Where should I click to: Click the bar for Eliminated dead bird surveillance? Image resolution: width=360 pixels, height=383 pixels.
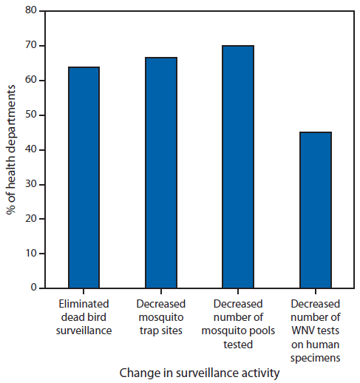[84, 177]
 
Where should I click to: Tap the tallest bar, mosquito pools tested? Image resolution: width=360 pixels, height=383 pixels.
[238, 166]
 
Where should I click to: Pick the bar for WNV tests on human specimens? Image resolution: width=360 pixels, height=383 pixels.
[316, 210]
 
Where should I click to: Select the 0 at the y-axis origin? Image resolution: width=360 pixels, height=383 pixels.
[33, 288]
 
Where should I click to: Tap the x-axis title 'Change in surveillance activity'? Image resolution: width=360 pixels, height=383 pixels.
[200, 373]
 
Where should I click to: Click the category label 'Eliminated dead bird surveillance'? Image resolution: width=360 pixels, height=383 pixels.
[84, 317]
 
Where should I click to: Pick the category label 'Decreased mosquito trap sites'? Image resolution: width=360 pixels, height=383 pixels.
[161, 317]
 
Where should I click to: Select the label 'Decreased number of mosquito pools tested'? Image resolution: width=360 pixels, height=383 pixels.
[238, 324]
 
